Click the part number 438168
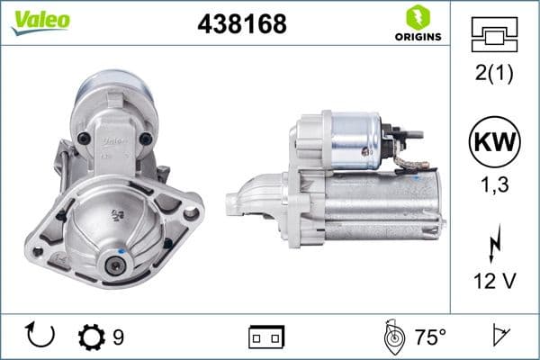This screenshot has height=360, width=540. [x=241, y=24]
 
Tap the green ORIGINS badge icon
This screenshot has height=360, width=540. [x=417, y=18]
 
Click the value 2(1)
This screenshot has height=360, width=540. [x=494, y=74]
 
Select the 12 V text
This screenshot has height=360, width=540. [x=494, y=281]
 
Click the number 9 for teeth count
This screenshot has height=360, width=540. [x=118, y=337]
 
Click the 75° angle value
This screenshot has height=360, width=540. [x=430, y=337]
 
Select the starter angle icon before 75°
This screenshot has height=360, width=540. [x=392, y=337]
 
